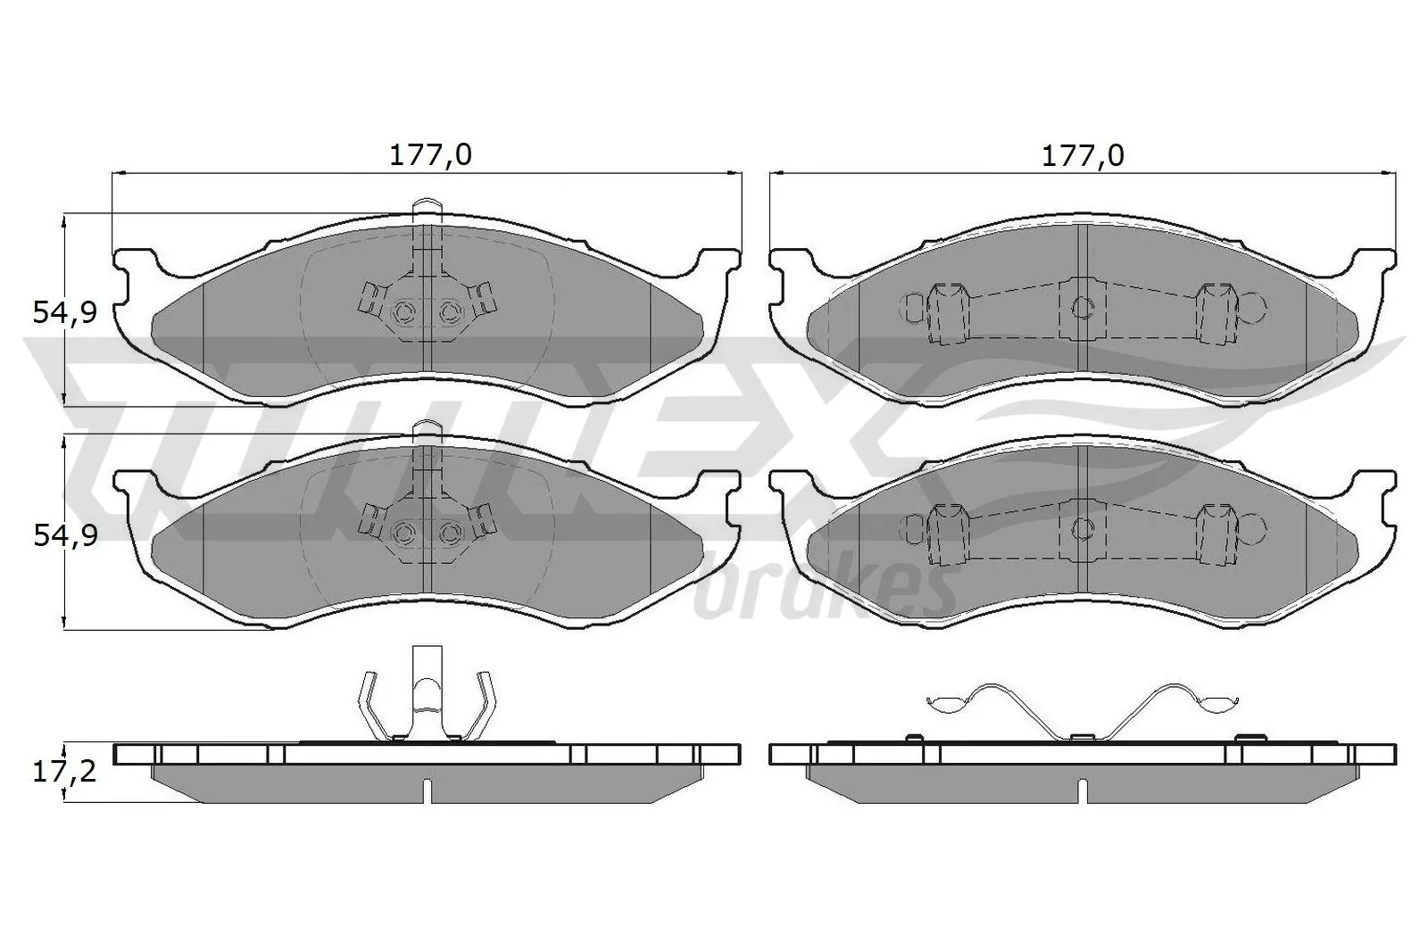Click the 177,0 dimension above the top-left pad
coord(429,155)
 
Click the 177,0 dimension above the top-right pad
coord(1083,155)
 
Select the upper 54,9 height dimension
coord(63,312)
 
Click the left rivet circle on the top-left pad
coord(404,310)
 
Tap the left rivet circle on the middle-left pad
coord(404,533)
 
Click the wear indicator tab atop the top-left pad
coord(428,207)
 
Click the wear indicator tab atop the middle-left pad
coord(428,429)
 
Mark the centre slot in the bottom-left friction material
coord(428,790)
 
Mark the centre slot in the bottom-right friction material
coord(1082,790)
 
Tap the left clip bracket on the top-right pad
coord(946,312)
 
